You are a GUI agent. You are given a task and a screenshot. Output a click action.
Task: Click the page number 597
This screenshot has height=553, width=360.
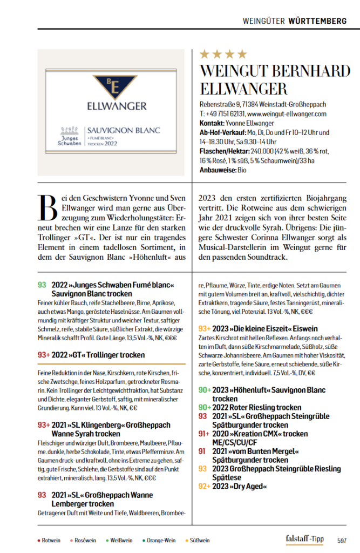click(x=341, y=540)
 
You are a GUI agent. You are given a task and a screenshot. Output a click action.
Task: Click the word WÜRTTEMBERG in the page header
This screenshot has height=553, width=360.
click(x=318, y=21)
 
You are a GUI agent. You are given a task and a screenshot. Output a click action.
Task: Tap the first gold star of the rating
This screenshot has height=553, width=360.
click(x=205, y=54)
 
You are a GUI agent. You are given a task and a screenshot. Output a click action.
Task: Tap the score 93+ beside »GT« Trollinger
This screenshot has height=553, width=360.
click(x=44, y=355)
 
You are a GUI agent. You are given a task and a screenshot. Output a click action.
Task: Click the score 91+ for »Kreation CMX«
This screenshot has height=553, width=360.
click(x=204, y=434)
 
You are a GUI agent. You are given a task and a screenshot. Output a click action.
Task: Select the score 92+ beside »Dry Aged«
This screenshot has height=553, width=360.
click(x=204, y=486)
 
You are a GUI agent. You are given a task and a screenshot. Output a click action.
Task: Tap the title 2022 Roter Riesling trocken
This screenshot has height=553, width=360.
click(x=257, y=407)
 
